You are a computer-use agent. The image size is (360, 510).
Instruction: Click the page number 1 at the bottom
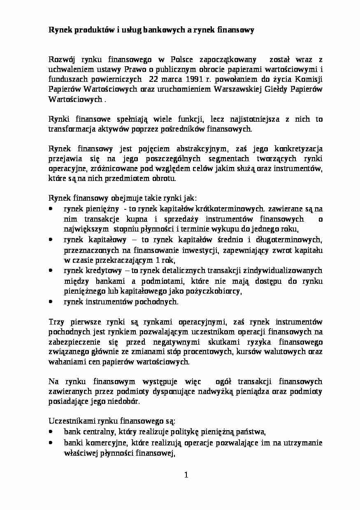point(186,475)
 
